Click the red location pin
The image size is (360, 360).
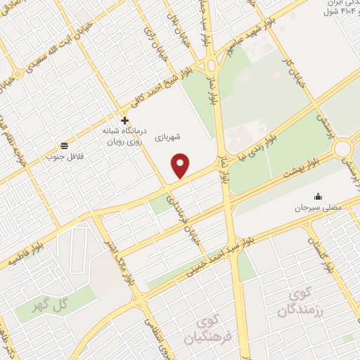point(181,165)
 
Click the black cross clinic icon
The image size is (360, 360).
point(124,120)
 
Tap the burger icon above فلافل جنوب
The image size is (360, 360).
point(64,145)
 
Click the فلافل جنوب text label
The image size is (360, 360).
point(64,156)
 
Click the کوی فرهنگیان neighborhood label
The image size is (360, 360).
point(208,330)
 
